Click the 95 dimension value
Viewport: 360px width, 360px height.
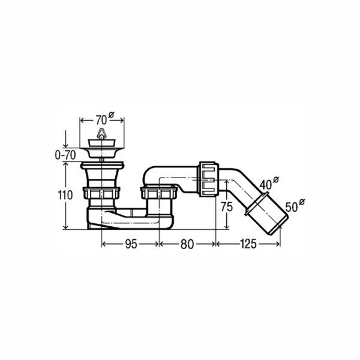[x=131, y=244]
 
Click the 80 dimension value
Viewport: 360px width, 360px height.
[x=187, y=244]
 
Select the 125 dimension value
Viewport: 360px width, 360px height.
[x=248, y=244]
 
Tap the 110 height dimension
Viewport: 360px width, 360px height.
[x=65, y=196]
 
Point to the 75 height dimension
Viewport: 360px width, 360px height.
[x=227, y=207]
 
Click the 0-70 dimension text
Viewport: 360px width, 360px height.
[x=65, y=155]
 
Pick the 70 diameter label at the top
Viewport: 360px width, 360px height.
[x=101, y=120]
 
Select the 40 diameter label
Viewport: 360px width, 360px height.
[x=266, y=185]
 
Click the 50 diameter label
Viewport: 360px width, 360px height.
[x=292, y=208]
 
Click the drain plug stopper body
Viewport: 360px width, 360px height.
[x=101, y=143]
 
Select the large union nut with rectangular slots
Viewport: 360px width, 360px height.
[x=208, y=179]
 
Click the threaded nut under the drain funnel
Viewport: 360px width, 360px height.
[x=101, y=193]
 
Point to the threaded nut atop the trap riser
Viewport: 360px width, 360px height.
[x=159, y=193]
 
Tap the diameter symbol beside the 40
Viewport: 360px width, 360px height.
[x=275, y=179]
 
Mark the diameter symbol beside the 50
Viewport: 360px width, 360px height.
[x=302, y=202]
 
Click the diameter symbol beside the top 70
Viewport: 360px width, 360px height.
[x=112, y=115]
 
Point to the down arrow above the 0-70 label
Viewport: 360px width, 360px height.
[x=65, y=139]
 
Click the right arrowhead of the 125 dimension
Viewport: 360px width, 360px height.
[x=278, y=244]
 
